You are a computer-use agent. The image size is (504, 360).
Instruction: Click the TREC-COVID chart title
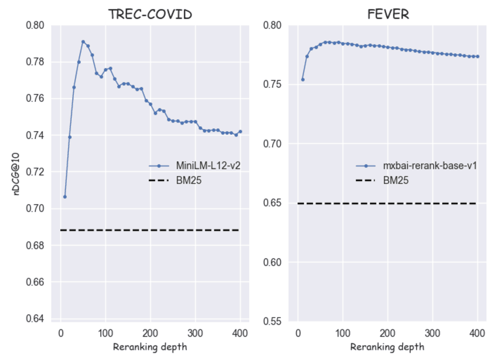coord(150,14)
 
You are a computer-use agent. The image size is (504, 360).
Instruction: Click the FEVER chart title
coord(388,14)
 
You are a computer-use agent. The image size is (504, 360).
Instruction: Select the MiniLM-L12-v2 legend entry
coord(208,166)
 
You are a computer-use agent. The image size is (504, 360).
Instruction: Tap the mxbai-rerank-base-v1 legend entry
coord(430,166)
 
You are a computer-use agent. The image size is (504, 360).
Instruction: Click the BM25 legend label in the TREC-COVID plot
coord(188,180)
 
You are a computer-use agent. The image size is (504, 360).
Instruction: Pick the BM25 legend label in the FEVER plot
coord(396,180)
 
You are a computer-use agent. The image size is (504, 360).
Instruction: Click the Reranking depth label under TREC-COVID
coord(150,347)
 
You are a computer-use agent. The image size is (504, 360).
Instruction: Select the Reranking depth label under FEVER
coord(387,347)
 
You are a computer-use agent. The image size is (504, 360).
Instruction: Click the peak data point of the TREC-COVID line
coord(83,42)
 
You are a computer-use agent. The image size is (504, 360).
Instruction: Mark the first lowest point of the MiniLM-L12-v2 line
coord(65,197)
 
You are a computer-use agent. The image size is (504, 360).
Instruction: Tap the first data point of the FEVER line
coord(303,80)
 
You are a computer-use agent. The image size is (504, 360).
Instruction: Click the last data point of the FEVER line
coord(477,56)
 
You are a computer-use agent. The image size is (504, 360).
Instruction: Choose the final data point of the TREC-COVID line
coord(240,132)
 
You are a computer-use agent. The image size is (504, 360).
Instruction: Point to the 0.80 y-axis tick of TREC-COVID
coord(35,25)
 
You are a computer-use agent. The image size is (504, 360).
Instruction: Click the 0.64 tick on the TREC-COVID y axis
coord(35,319)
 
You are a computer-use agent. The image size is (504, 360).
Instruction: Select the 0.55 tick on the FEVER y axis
coord(272,321)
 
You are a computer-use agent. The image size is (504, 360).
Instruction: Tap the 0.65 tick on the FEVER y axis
coord(272,203)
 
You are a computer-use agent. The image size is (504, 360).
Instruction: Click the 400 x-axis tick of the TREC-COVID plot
coord(240,333)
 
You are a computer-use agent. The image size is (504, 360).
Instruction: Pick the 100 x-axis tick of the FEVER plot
coord(343,333)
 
